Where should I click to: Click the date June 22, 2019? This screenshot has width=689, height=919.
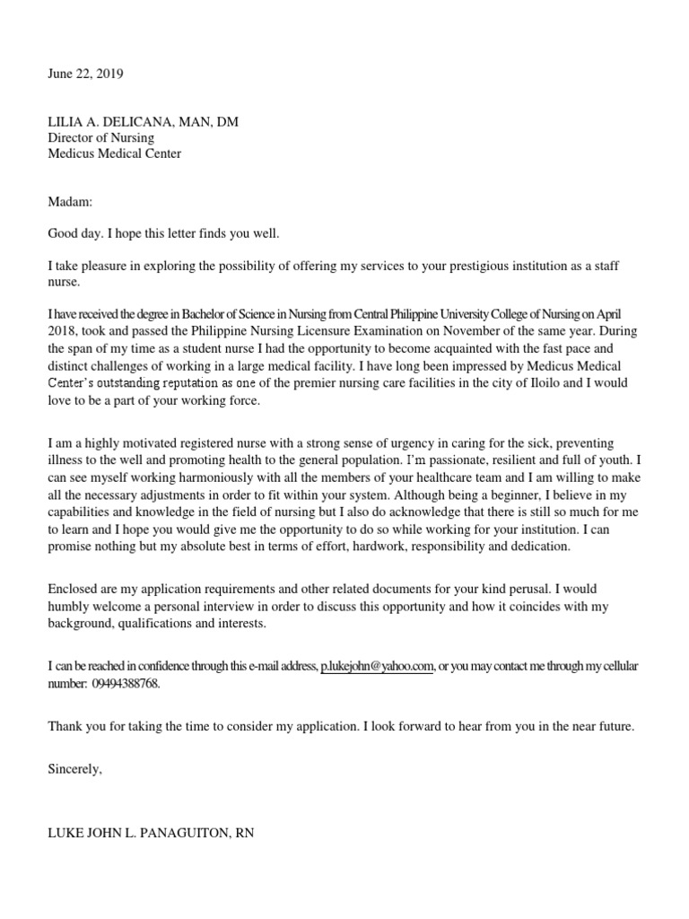[x=85, y=74]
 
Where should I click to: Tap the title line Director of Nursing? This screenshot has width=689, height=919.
[x=100, y=138]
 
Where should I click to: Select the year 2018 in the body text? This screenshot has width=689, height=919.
[x=63, y=330]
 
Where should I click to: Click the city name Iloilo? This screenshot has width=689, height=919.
[x=523, y=384]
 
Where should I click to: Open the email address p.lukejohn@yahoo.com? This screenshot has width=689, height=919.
[x=377, y=666]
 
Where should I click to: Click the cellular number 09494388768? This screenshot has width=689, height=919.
[x=126, y=683]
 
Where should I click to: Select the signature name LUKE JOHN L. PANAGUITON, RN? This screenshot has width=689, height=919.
[x=151, y=834]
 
